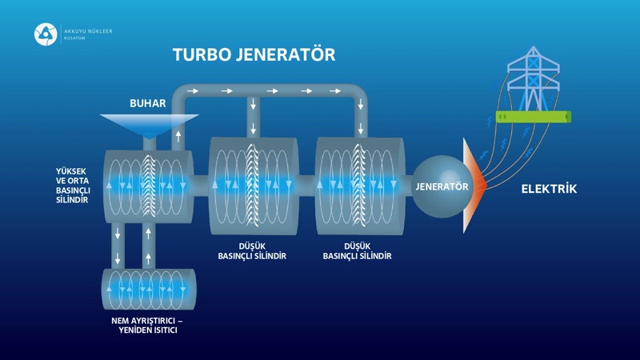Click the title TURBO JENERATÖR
click(254, 55)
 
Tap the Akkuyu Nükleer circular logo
click(44, 34)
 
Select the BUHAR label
click(147, 104)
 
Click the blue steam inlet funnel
click(149, 123)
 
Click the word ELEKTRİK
click(549, 190)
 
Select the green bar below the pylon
click(532, 117)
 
